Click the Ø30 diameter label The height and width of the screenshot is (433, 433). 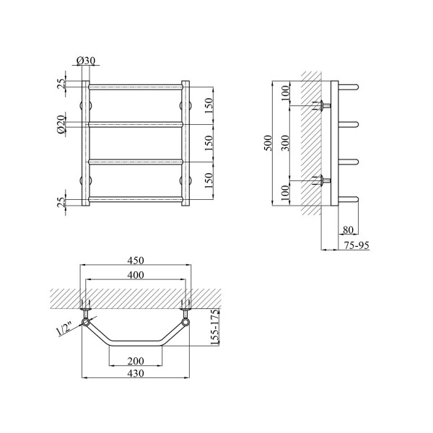86,61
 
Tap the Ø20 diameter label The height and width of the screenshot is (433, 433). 61,124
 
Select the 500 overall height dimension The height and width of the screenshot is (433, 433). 268,143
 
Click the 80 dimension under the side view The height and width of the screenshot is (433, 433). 348,229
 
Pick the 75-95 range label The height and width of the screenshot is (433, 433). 357,245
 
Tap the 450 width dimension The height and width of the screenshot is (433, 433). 136,261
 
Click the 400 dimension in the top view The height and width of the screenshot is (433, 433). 136,275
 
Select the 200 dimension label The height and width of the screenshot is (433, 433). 136,361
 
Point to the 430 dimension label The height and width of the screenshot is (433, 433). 136,373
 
